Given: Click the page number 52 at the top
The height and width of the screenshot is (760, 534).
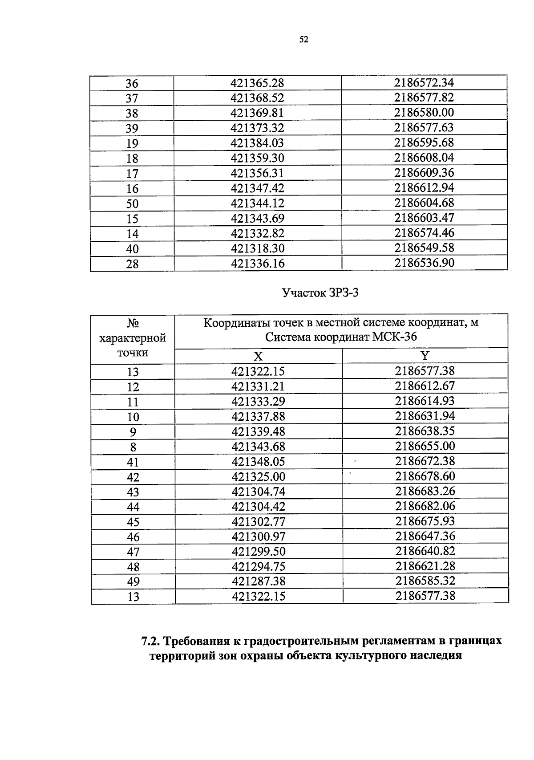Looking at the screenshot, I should (x=304, y=40).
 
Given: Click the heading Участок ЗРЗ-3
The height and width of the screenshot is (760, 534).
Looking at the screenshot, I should (x=320, y=293).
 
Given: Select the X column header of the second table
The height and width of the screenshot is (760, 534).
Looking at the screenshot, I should (x=258, y=356).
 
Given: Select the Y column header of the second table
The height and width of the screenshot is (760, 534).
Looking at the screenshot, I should (x=425, y=356).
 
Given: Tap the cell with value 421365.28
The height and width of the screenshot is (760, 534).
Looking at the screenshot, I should (x=257, y=83).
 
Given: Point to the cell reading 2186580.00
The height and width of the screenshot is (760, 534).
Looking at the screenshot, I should (x=424, y=113).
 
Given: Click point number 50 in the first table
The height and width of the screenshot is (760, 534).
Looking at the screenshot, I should (x=132, y=204).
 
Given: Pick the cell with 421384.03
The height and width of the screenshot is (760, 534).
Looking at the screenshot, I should (x=257, y=143).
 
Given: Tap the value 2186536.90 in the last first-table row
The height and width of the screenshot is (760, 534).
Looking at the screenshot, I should (x=425, y=263).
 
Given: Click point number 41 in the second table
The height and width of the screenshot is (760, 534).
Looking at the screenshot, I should (x=133, y=462).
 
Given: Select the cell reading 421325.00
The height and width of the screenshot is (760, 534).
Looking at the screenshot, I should (x=258, y=477).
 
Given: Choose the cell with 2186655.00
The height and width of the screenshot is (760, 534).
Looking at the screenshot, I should (x=425, y=446).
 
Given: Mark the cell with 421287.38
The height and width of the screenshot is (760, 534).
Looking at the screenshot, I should (x=258, y=581).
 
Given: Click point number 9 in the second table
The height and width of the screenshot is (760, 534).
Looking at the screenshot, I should (x=133, y=432).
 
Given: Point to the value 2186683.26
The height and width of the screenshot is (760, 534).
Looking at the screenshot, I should (x=425, y=492).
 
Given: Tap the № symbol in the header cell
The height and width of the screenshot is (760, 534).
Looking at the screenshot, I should (x=133, y=323).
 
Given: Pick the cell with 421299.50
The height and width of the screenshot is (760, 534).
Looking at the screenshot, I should (x=258, y=552).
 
